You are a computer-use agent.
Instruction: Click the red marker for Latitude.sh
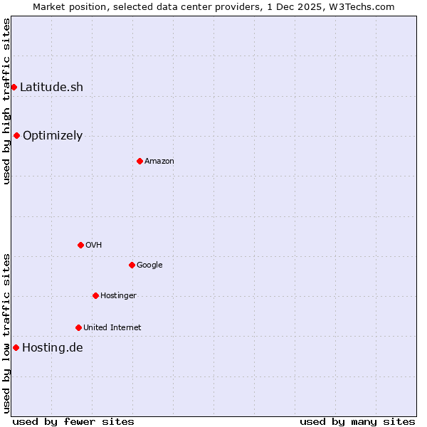click(x=14, y=87)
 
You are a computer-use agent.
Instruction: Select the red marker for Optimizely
click(x=16, y=135)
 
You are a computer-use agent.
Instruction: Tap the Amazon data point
click(x=139, y=161)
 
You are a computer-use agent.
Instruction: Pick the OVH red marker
click(x=80, y=245)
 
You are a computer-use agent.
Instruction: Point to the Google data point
click(x=132, y=265)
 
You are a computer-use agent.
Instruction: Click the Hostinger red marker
click(x=95, y=295)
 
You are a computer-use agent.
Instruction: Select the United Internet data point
click(x=78, y=327)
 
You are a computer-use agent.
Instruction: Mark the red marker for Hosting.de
click(x=16, y=347)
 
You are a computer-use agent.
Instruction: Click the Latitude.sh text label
click(x=51, y=88)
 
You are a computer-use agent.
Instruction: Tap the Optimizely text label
click(x=53, y=136)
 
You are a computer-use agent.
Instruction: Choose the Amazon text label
click(x=159, y=162)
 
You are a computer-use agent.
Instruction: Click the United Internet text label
click(x=112, y=328)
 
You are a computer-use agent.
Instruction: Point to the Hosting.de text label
click(x=52, y=348)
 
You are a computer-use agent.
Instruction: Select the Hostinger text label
click(x=118, y=296)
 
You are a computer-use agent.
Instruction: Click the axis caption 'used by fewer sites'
click(x=73, y=421)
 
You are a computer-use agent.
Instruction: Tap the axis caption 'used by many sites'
click(x=357, y=421)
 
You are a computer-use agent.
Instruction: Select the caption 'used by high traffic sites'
click(x=6, y=101)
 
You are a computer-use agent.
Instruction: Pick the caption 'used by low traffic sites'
click(x=6, y=332)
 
